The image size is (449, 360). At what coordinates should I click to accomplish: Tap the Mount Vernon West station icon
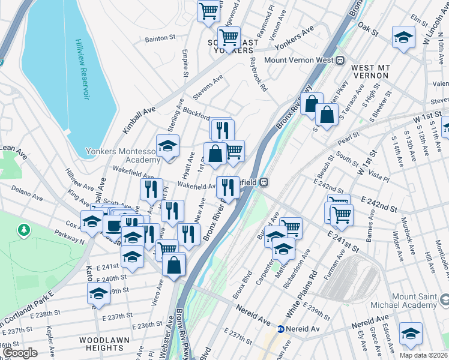(x=339, y=61)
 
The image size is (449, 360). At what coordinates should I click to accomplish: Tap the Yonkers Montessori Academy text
(x=123, y=156)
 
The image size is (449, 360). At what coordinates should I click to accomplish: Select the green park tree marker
(x=23, y=230)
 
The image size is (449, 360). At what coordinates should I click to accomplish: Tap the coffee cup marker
(x=112, y=226)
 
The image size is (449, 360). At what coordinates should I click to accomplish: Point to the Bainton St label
(x=160, y=39)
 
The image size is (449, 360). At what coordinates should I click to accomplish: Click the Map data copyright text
(x=423, y=355)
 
